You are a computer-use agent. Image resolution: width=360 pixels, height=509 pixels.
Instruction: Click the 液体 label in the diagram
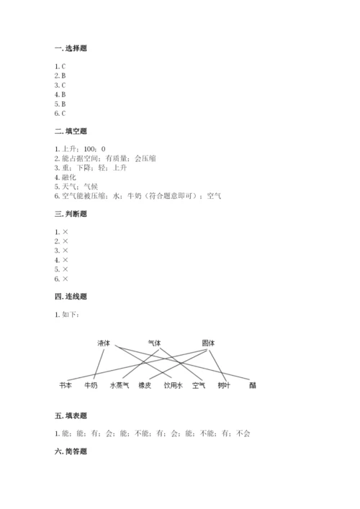tap(104, 343)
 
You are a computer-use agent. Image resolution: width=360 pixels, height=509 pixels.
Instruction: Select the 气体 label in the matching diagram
tap(155, 343)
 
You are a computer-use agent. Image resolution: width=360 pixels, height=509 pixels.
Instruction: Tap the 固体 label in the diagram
tap(209, 343)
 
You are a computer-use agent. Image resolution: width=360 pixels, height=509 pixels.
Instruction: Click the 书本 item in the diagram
tap(66, 385)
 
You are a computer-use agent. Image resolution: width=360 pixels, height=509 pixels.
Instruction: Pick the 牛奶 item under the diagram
tap(91, 385)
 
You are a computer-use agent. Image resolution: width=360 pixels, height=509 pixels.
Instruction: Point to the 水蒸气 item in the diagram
tap(120, 385)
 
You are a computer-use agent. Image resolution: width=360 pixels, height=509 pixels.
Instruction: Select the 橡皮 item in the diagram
tap(145, 385)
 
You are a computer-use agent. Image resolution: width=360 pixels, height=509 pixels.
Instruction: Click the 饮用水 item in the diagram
tap(174, 385)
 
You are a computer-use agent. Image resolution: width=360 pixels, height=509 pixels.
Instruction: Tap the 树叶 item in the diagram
tap(224, 385)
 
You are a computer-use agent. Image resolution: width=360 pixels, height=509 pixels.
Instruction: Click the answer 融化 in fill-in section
tap(69, 176)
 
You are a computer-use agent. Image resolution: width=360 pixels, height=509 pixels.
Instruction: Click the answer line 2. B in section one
tap(60, 76)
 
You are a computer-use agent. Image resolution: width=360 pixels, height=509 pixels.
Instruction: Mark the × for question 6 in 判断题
tap(66, 279)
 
